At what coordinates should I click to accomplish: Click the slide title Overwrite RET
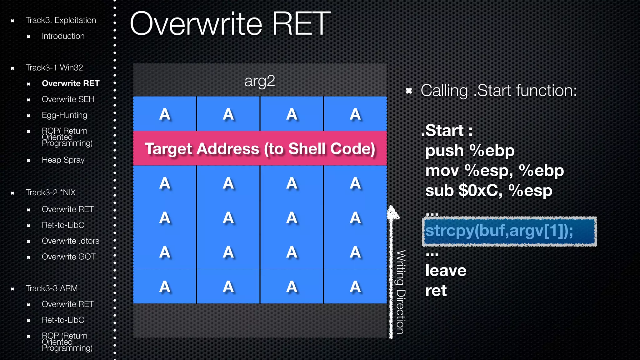click(230, 24)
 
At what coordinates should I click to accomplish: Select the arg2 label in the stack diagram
click(260, 81)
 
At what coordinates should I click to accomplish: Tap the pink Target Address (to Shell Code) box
click(260, 148)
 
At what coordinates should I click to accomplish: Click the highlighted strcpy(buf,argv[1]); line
click(509, 231)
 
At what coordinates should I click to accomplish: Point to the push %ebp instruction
click(470, 151)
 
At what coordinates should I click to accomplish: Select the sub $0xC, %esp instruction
click(489, 191)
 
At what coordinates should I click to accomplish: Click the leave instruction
click(446, 271)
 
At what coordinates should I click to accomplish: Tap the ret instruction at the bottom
click(436, 291)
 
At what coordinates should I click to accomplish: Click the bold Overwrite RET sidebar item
click(71, 83)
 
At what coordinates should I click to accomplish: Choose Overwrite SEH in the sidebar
click(68, 99)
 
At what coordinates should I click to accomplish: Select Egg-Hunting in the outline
click(64, 115)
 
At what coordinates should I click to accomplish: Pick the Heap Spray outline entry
click(63, 160)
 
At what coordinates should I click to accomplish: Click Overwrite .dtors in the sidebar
click(71, 241)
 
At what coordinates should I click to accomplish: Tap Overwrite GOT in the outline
click(69, 257)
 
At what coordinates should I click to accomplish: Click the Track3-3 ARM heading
click(52, 288)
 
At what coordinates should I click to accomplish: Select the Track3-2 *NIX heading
click(51, 192)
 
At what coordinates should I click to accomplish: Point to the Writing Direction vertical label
click(401, 292)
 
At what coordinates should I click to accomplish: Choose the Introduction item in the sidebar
click(63, 36)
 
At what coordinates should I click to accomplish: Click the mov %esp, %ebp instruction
click(494, 171)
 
